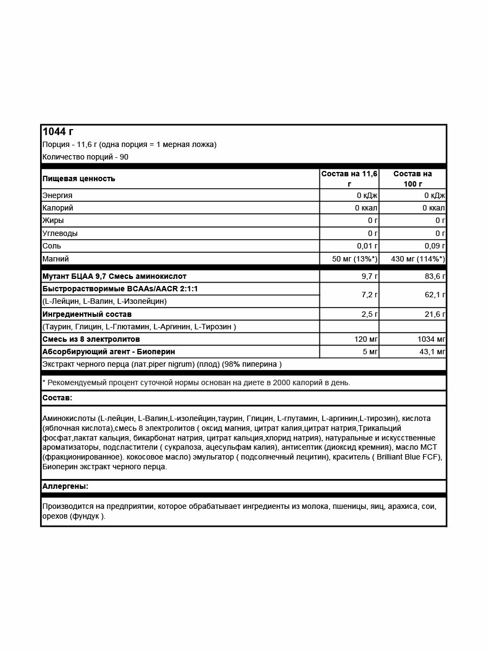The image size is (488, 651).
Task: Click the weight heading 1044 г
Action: click(x=58, y=132)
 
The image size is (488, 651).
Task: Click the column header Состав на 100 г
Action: click(x=412, y=178)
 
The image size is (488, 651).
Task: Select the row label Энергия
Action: click(x=57, y=195)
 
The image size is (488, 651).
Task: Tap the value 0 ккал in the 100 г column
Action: click(x=434, y=208)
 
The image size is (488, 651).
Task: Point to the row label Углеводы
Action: click(x=60, y=233)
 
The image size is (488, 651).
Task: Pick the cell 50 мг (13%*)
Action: click(x=355, y=259)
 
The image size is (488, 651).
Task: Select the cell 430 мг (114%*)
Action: click(x=418, y=259)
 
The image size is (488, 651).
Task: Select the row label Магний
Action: click(x=56, y=259)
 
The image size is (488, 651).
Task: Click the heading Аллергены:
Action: click(x=65, y=486)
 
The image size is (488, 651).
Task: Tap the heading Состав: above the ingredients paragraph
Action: click(x=57, y=398)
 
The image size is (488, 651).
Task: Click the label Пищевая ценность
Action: click(x=79, y=178)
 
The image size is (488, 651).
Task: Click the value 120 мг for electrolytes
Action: click(x=365, y=339)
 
